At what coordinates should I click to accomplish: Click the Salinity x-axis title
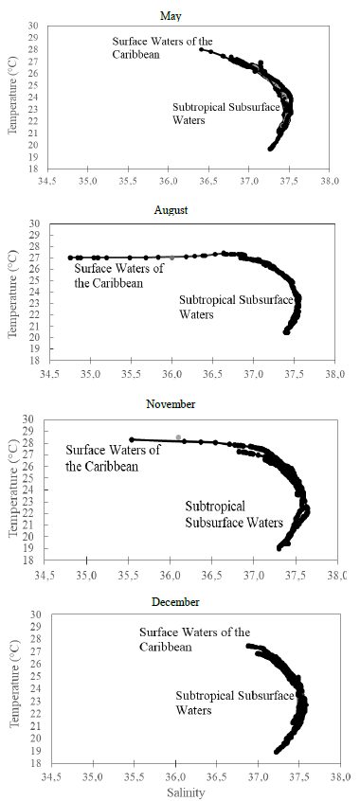(192, 792)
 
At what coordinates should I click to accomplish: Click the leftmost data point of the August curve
(71, 258)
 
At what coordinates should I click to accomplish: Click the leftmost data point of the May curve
(201, 49)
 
